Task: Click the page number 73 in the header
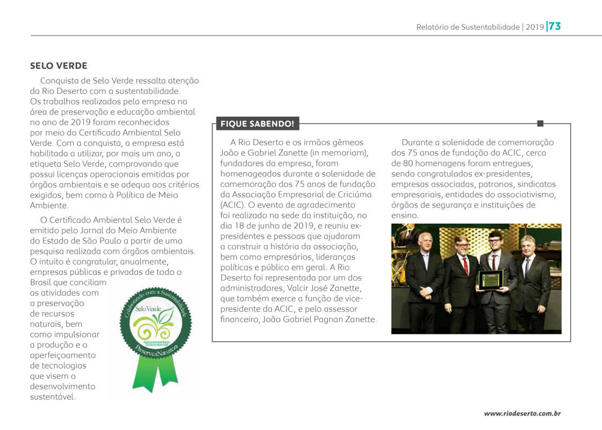555,26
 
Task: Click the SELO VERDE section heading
59,66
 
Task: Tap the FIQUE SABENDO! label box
257,124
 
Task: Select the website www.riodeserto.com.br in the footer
522,413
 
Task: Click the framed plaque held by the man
490,279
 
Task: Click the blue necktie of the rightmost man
528,267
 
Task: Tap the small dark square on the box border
540,124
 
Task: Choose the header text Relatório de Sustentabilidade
468,27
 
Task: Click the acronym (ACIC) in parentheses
232,205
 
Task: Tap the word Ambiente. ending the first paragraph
49,205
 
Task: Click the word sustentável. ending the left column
53,397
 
